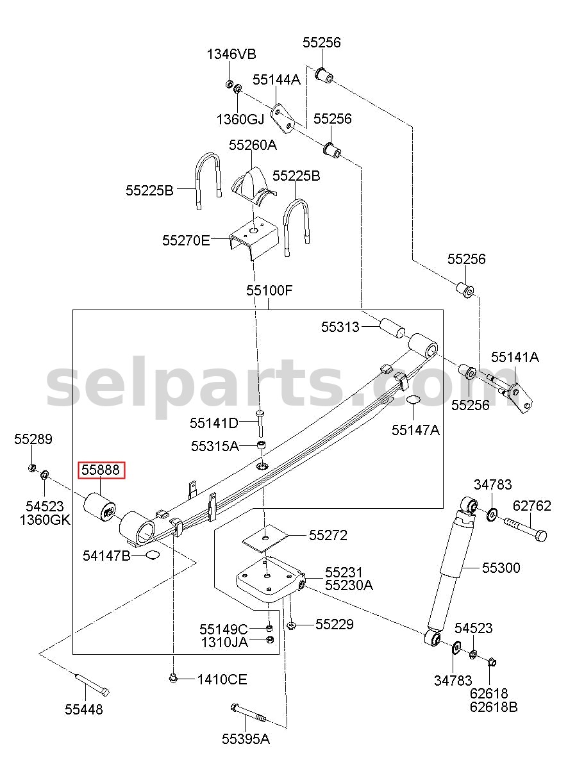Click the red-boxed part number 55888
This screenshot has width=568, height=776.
101,470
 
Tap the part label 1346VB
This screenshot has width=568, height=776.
231,54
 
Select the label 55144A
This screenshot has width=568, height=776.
276,79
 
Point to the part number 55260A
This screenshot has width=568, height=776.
253,145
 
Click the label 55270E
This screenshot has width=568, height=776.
186,240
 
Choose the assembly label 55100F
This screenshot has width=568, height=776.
270,290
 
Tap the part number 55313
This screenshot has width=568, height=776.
340,327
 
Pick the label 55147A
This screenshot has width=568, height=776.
416,430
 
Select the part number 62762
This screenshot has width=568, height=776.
532,506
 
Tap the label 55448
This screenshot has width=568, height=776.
84,710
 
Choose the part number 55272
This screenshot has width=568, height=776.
328,536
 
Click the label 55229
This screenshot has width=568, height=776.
335,625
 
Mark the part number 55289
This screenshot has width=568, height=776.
33,440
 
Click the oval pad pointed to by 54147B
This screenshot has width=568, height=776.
153,556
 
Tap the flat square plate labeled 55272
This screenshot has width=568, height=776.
265,538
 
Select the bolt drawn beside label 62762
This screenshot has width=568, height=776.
526,529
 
